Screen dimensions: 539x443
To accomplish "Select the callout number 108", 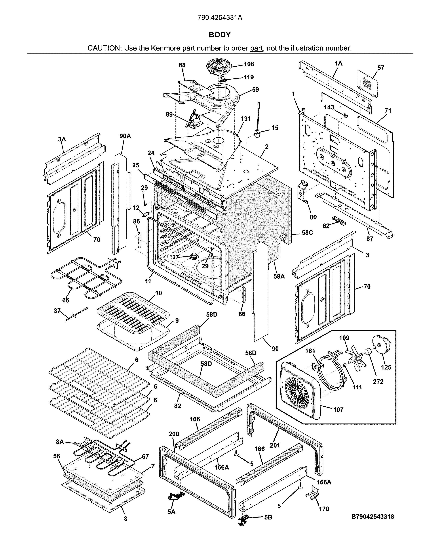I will point(249,64).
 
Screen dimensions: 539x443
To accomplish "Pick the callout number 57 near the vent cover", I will point(381,68).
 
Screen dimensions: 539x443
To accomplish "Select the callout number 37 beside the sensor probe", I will point(57,311).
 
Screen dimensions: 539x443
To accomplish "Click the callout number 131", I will point(246,119).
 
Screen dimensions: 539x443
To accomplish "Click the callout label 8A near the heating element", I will point(60,442).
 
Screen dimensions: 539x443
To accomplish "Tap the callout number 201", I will point(275,445).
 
